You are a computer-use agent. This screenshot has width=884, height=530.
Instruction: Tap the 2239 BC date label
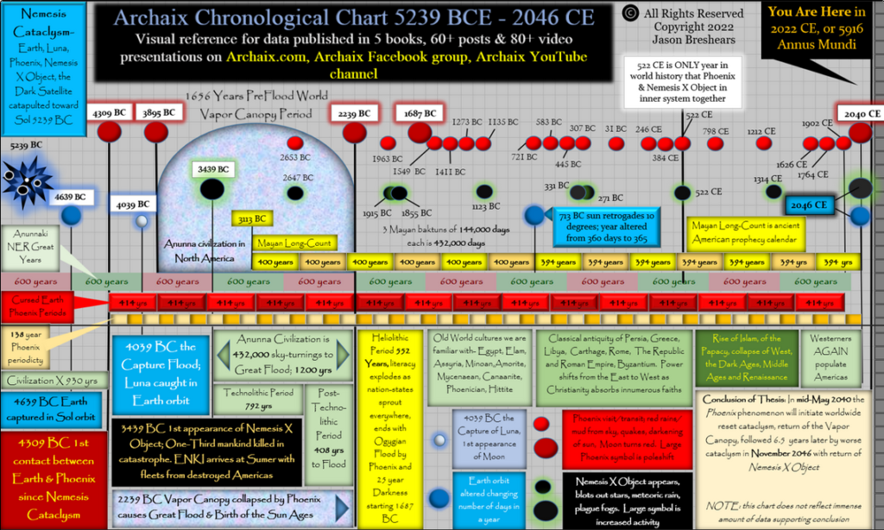click(354, 113)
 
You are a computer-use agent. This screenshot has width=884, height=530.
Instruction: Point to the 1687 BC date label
click(420, 112)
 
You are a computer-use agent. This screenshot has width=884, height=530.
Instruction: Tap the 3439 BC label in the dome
click(212, 169)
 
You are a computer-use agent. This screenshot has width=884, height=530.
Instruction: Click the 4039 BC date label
click(132, 205)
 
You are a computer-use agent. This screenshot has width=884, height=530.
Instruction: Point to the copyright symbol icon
click(630, 13)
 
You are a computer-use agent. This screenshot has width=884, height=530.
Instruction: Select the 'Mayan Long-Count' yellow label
click(293, 243)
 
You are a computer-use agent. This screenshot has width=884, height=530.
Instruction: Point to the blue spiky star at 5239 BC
click(26, 180)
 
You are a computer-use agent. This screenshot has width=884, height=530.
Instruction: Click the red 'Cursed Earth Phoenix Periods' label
click(37, 305)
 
